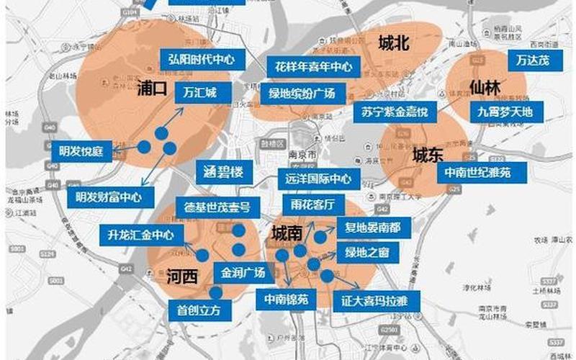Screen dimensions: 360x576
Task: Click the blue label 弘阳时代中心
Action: pyautogui.click(x=202, y=60)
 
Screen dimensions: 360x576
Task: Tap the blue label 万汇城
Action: pyautogui.click(x=199, y=92)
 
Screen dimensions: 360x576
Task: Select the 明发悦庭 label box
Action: pyautogui.click(x=81, y=151)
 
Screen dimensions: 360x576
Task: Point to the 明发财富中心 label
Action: pyautogui.click(x=109, y=196)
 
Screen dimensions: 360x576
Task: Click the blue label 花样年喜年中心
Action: pyautogui.click(x=315, y=67)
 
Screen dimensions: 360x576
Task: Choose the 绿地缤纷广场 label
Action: pyautogui.click(x=302, y=94)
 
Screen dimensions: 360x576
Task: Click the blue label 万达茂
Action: pyautogui.click(x=533, y=60)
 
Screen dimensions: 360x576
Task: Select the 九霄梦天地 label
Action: pyautogui.click(x=505, y=111)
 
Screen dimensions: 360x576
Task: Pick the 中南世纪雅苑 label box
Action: pyautogui.click(x=477, y=172)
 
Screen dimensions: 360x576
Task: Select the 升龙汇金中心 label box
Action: pyautogui.click(x=140, y=234)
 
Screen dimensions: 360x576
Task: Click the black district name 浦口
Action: pyautogui.click(x=151, y=90)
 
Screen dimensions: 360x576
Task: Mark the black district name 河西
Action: pyautogui.click(x=181, y=276)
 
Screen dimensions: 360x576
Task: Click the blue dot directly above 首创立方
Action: pyautogui.click(x=215, y=292)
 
